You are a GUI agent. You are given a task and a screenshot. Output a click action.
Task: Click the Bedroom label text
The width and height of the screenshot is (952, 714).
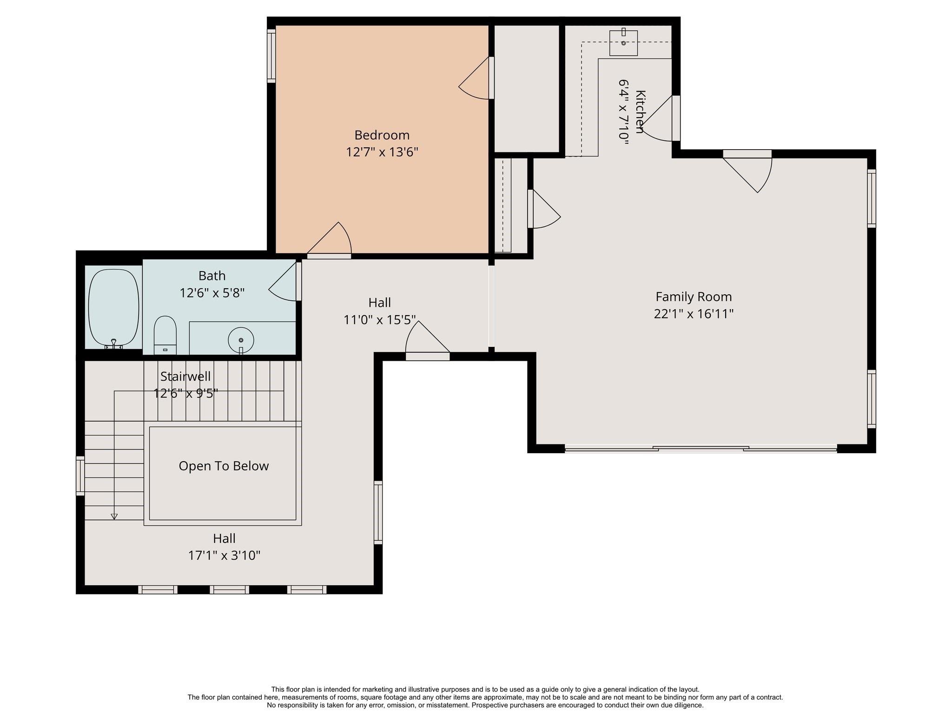click(382, 135)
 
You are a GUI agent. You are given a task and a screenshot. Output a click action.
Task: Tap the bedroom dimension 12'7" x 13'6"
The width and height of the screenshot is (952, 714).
click(382, 152)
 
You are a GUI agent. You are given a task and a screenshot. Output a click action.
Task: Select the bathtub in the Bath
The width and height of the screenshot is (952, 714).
click(113, 307)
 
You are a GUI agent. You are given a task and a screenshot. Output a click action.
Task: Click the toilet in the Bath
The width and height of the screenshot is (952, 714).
click(165, 333)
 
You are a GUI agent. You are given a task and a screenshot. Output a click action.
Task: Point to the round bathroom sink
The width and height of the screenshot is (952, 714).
click(241, 340)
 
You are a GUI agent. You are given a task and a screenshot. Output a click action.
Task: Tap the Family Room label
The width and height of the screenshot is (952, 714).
click(693, 297)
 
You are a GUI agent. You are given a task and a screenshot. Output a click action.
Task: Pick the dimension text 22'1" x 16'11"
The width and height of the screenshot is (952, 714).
click(693, 314)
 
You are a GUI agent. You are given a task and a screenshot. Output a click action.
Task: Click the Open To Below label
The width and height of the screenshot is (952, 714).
click(224, 466)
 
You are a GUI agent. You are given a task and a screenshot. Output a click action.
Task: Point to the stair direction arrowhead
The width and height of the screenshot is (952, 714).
click(114, 516)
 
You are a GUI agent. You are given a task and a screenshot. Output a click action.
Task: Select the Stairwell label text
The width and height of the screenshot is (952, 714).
click(185, 376)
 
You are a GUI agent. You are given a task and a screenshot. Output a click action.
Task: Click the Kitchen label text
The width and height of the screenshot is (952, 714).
click(640, 112)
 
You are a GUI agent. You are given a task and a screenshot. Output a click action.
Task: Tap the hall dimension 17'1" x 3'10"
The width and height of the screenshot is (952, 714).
click(224, 555)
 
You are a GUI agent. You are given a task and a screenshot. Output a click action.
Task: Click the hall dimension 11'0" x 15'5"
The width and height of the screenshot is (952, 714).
click(379, 320)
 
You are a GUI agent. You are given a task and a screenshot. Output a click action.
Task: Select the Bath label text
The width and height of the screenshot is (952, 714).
click(212, 276)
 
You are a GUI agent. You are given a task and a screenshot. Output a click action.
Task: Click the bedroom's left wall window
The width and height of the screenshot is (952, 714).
click(271, 56)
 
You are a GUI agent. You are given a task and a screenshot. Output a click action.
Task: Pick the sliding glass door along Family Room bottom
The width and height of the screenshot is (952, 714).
click(701, 449)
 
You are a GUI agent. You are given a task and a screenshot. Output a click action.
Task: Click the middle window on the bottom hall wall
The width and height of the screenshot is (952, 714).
click(229, 589)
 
